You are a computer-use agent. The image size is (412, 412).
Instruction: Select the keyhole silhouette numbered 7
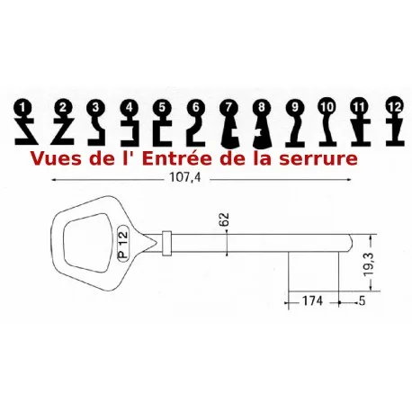click(230, 124)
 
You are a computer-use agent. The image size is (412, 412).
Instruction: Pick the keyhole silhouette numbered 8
click(262, 124)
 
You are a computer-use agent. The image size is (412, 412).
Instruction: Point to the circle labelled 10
click(327, 107)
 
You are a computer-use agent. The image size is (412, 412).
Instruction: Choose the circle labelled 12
click(395, 106)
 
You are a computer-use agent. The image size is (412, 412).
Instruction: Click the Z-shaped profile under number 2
click(62, 132)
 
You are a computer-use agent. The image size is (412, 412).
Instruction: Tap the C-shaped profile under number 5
click(162, 133)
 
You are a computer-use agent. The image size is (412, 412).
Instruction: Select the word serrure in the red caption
click(318, 159)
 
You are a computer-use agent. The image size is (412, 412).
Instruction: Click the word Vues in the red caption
click(56, 158)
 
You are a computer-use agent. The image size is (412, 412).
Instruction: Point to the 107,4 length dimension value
click(185, 177)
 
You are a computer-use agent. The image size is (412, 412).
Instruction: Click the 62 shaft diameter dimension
click(224, 219)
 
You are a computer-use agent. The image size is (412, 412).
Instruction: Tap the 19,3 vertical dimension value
click(369, 264)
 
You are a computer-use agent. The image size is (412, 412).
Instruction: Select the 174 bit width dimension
click(312, 300)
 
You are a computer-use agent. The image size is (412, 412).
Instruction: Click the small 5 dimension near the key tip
click(363, 300)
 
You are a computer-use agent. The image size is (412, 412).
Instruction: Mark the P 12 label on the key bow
click(123, 243)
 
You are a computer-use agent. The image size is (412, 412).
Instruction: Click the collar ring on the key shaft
click(166, 243)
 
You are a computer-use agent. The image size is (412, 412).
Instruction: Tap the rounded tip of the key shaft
click(351, 243)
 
